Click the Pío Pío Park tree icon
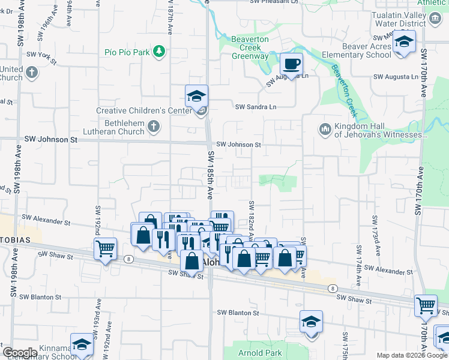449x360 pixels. pyautogui.click(x=158, y=52)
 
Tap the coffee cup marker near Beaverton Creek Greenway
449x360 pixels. pyautogui.click(x=291, y=64)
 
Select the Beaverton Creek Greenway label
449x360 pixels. pyautogui.click(x=250, y=47)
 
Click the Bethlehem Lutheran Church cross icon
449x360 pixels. pyautogui.click(x=154, y=127)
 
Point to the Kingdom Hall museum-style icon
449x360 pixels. pyautogui.click(x=325, y=128)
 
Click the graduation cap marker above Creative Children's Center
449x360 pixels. pyautogui.click(x=196, y=96)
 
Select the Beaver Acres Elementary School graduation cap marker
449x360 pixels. pyautogui.click(x=405, y=43)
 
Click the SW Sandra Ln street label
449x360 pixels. pyautogui.click(x=256, y=107)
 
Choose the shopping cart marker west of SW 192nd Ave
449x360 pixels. pyautogui.click(x=106, y=248)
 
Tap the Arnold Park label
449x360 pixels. pyautogui.click(x=260, y=353)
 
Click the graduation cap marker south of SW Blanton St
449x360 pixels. pyautogui.click(x=311, y=322)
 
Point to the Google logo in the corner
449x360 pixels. pyautogui.click(x=20, y=353)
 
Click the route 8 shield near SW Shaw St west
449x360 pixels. pyautogui.click(x=130, y=259)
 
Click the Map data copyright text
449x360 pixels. pyautogui.click(x=411, y=355)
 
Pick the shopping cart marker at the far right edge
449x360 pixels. pyautogui.click(x=426, y=305)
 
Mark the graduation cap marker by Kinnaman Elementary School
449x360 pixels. pyautogui.click(x=82, y=344)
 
